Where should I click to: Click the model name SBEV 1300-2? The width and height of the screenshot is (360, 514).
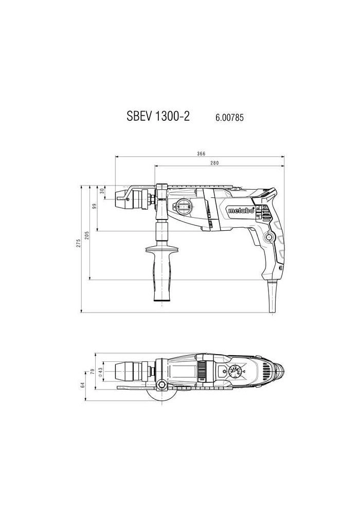click(x=158, y=116)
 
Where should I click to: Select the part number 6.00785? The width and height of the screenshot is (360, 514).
click(x=229, y=117)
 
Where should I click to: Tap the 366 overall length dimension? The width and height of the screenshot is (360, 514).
click(x=201, y=154)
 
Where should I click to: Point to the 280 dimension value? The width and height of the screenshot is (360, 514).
click(x=214, y=162)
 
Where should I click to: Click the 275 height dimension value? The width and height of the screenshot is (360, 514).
click(x=78, y=243)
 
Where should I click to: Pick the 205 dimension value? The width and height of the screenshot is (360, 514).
click(x=87, y=235)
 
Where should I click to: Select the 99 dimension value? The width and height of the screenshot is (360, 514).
click(x=95, y=207)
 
